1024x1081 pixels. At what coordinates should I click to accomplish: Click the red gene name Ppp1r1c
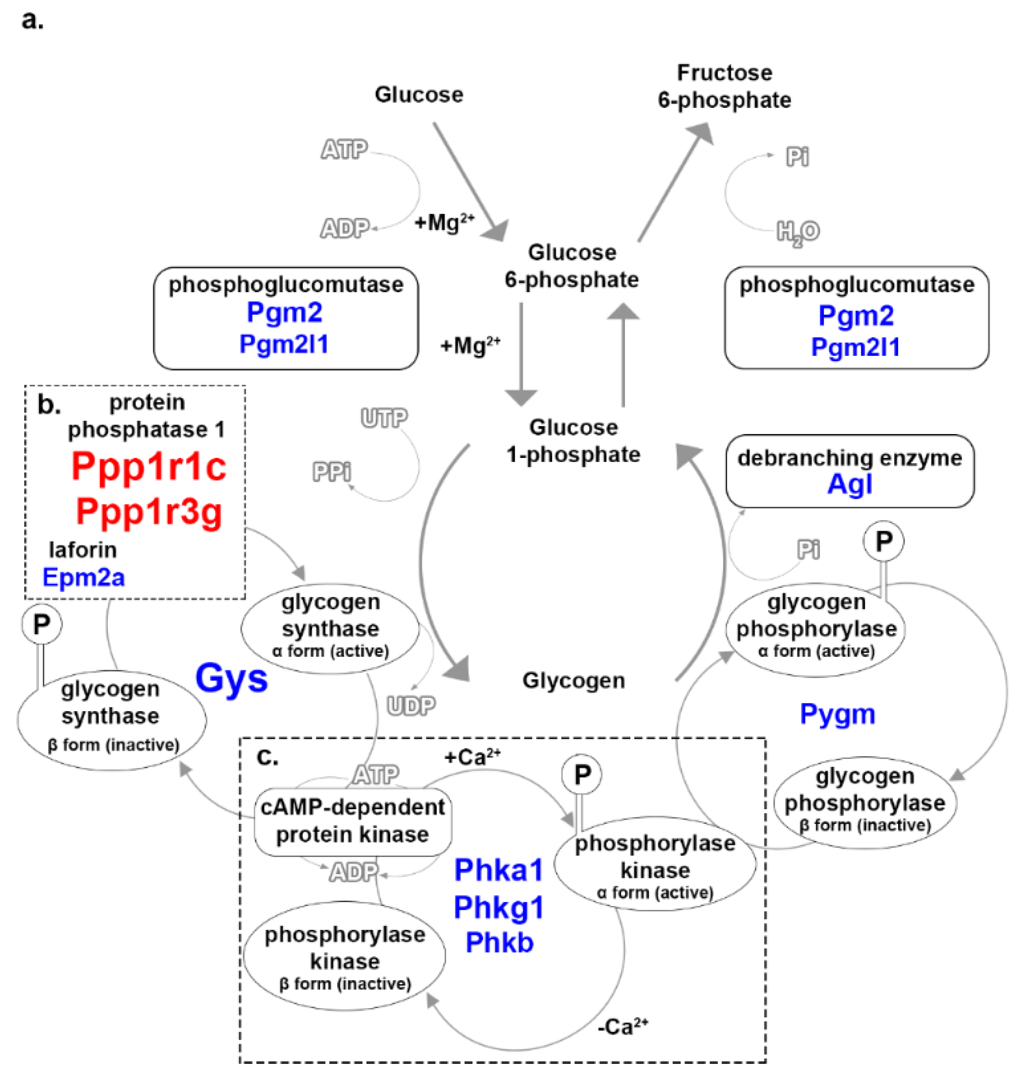pyautogui.click(x=148, y=467)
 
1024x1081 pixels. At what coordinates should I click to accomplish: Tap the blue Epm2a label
pyautogui.click(x=84, y=577)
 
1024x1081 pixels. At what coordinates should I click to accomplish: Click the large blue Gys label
pyautogui.click(x=231, y=678)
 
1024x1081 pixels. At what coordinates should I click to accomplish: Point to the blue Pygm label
pyautogui.click(x=837, y=714)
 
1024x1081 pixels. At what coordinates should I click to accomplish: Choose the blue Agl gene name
pyautogui.click(x=850, y=484)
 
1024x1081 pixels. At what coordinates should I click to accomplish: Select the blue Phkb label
pyautogui.click(x=499, y=943)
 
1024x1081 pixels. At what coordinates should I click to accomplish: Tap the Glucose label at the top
pyautogui.click(x=418, y=95)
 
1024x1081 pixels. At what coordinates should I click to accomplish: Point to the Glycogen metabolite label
pyautogui.click(x=573, y=681)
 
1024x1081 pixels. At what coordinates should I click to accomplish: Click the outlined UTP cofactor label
pyautogui.click(x=384, y=418)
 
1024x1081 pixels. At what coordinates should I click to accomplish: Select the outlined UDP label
pyautogui.click(x=411, y=706)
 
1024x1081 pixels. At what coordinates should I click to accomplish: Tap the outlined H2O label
pyautogui.click(x=798, y=232)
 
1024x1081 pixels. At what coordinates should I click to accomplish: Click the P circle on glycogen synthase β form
pyautogui.click(x=41, y=624)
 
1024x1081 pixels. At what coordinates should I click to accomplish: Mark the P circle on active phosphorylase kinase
pyautogui.click(x=582, y=774)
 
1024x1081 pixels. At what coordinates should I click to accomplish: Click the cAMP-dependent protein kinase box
pyautogui.click(x=353, y=820)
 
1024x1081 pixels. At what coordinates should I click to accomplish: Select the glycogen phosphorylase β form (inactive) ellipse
pyautogui.click(x=865, y=802)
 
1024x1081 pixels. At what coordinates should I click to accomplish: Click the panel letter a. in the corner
pyautogui.click(x=32, y=21)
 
